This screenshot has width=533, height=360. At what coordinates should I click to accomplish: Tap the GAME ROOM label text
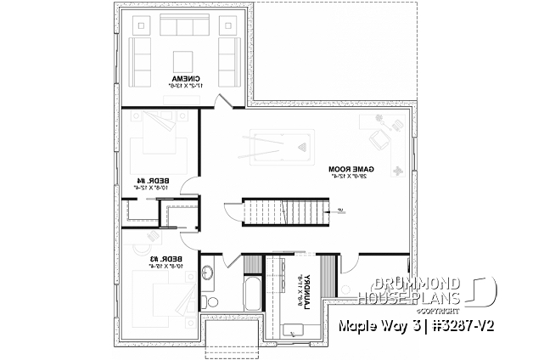[349, 172]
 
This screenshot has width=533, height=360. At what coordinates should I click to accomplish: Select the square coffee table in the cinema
[182, 60]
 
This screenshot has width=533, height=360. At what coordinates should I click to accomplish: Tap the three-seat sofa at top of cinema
[182, 28]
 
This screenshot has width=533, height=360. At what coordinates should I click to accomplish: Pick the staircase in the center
[284, 211]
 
